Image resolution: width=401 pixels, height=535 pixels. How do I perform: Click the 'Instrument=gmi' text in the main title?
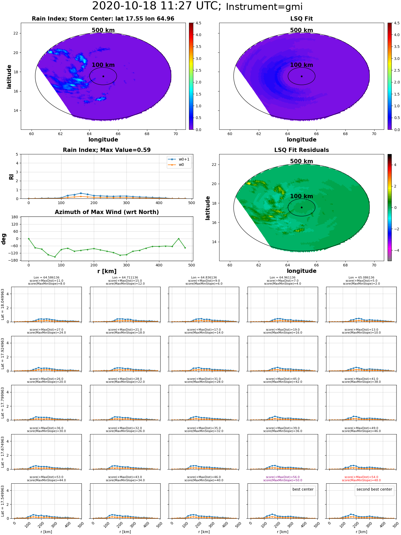[x=264, y=7]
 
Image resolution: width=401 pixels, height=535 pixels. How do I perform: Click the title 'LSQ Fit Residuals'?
[x=302, y=150]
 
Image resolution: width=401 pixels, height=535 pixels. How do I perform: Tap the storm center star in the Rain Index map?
[x=103, y=76]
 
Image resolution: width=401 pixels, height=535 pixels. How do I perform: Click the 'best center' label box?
[x=303, y=489]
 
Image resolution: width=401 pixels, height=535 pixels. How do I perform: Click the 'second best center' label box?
[x=374, y=489]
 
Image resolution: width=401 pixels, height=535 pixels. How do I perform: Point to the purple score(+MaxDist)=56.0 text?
[x=283, y=477]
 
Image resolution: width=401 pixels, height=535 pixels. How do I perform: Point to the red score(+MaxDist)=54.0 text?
[x=361, y=477]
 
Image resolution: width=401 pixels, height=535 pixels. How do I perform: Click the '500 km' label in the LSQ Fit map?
[x=302, y=30]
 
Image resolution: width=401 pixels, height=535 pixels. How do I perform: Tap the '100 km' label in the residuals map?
[x=302, y=196]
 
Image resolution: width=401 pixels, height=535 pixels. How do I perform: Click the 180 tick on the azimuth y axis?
[x=15, y=217]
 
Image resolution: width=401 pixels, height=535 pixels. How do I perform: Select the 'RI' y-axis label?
[x=11, y=177]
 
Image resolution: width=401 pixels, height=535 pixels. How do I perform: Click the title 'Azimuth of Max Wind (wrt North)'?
[x=107, y=212]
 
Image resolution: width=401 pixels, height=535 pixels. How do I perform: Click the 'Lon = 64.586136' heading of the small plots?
[x=47, y=278]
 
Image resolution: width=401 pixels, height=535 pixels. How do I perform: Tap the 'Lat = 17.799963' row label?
[x=3, y=402]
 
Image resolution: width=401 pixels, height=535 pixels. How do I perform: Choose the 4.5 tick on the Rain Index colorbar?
[x=198, y=23]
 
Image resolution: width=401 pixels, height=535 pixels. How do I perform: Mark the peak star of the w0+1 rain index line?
[x=81, y=193]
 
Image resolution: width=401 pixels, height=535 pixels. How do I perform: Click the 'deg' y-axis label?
[x=3, y=239]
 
